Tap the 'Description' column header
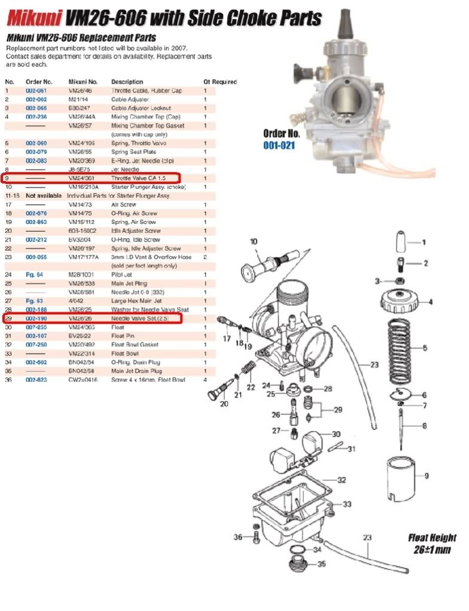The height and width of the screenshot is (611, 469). pyautogui.click(x=127, y=82)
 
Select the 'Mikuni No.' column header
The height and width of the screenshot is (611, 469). pyautogui.click(x=83, y=82)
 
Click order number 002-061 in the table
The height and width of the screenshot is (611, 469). pyautogui.click(x=36, y=91)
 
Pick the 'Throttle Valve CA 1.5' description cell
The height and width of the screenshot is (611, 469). pyautogui.click(x=137, y=179)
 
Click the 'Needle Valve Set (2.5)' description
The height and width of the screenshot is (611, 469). pyautogui.click(x=139, y=320)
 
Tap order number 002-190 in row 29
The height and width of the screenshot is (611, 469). pyautogui.click(x=36, y=320)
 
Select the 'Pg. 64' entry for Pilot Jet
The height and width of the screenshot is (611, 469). pyautogui.click(x=33, y=274)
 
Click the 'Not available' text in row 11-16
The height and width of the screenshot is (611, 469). pyautogui.click(x=44, y=196)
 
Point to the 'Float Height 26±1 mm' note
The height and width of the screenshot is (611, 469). pyautogui.click(x=432, y=543)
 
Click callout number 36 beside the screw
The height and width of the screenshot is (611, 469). pyautogui.click(x=238, y=537)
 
